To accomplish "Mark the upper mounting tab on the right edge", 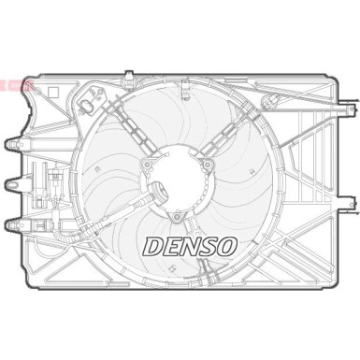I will (345, 131).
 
